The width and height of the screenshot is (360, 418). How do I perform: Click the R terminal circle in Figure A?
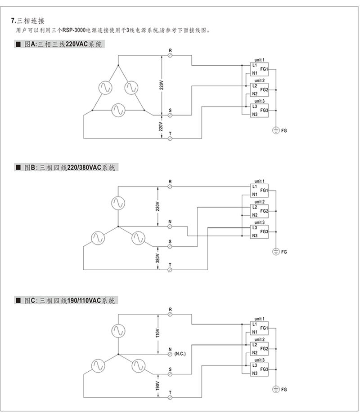click(170, 55)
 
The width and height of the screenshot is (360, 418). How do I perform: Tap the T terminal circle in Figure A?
click(170, 138)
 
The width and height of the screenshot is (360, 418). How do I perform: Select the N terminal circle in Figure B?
click(170, 227)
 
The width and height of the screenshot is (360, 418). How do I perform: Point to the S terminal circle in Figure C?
click(170, 374)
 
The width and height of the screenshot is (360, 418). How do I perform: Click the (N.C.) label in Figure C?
click(180, 354)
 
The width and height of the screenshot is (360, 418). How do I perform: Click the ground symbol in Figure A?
click(276, 131)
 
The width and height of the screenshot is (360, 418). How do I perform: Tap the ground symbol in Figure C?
click(276, 390)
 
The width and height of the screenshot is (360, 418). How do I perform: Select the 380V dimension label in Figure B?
click(157, 258)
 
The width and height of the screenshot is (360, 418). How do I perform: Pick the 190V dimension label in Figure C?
click(157, 386)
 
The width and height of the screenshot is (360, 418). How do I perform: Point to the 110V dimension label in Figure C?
click(157, 333)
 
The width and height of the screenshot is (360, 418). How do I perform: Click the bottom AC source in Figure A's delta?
click(118, 110)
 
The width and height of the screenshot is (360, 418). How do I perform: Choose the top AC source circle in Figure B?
click(118, 204)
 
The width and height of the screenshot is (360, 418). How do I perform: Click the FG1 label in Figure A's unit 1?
click(264, 69)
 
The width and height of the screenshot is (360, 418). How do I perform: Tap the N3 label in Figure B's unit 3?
click(255, 236)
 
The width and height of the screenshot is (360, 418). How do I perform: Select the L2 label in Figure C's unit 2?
click(255, 345)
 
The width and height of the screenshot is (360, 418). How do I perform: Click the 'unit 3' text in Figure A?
click(259, 101)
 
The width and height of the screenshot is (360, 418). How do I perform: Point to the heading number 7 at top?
click(13, 21)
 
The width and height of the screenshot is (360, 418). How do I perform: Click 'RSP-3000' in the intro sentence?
click(74, 31)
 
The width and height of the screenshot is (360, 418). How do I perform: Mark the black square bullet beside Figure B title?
click(18, 167)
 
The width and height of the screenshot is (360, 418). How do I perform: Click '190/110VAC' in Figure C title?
click(84, 301)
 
